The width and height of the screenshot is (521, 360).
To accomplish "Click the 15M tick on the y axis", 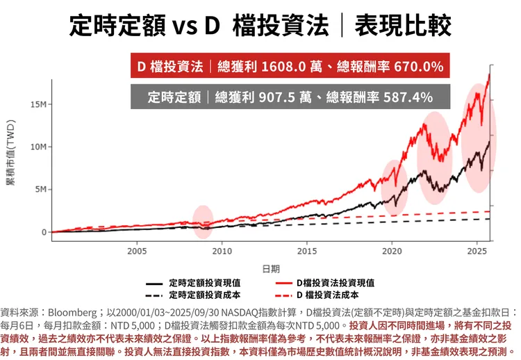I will pyautogui.click(x=39, y=104).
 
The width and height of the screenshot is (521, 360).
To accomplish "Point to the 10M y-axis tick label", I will pyautogui.click(x=39, y=147).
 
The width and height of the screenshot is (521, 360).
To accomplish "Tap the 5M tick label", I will pyautogui.click(x=41, y=189).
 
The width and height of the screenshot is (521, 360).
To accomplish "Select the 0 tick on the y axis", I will pyautogui.click(x=44, y=232).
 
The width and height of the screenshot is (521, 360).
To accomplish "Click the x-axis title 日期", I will pyautogui.click(x=271, y=268).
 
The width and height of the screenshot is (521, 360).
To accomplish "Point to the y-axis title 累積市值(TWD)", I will pyautogui.click(x=10, y=161).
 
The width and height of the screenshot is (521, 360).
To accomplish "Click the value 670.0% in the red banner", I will pyautogui.click(x=418, y=67).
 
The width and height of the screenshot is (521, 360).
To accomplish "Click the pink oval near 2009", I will pyautogui.click(x=202, y=218).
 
